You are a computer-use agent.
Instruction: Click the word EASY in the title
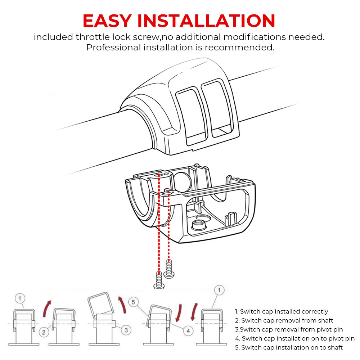[107, 21]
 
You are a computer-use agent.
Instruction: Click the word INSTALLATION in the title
[206, 21]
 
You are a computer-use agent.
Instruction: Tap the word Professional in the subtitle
[113, 48]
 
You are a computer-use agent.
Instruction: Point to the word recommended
[239, 48]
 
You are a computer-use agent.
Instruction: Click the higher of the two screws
[169, 269]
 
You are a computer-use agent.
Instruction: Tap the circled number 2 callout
[44, 332]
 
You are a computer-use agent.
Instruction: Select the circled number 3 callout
[126, 330]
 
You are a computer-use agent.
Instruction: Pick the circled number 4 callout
[188, 331]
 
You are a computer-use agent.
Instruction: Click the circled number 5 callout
[134, 302]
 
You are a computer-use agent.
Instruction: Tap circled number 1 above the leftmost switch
[20, 298]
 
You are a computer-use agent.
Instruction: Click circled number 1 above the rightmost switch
[219, 290]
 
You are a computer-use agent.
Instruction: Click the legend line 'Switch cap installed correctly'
[282, 311]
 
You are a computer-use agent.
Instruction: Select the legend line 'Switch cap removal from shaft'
[284, 320]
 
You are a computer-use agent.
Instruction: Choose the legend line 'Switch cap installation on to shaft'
[289, 347]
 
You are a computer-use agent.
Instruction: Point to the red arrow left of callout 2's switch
[47, 309]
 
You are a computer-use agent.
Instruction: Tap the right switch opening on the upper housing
[218, 108]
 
